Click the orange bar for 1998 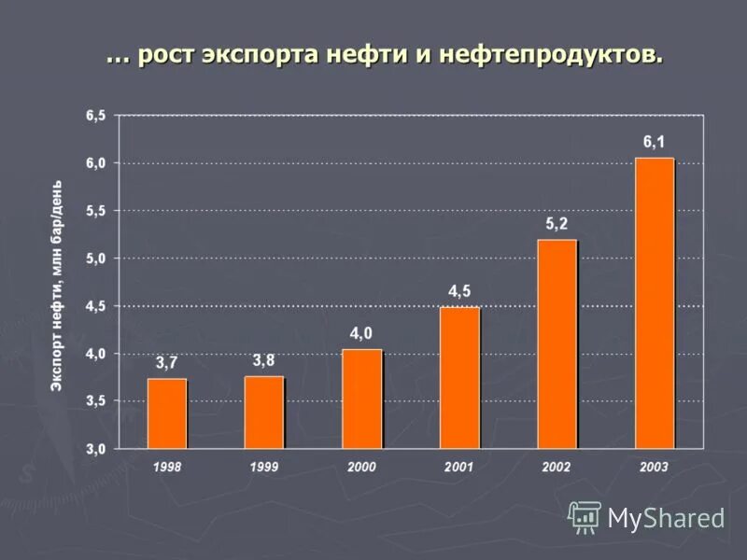(x=167, y=413)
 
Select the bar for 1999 (x=264, y=412)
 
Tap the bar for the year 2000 (x=361, y=399)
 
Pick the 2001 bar (x=459, y=378)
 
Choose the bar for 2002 (x=557, y=343)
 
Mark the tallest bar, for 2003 (x=655, y=303)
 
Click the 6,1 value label (x=655, y=142)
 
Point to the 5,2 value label (x=557, y=224)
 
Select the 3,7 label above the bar (x=166, y=363)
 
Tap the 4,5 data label (x=459, y=291)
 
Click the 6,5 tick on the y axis (x=95, y=116)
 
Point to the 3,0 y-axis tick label (x=95, y=449)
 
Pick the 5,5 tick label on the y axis (x=95, y=211)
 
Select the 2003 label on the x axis (x=655, y=466)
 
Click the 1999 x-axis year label (x=264, y=466)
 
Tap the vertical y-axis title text (x=57, y=285)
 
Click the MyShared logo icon (x=585, y=516)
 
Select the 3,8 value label (x=264, y=360)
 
